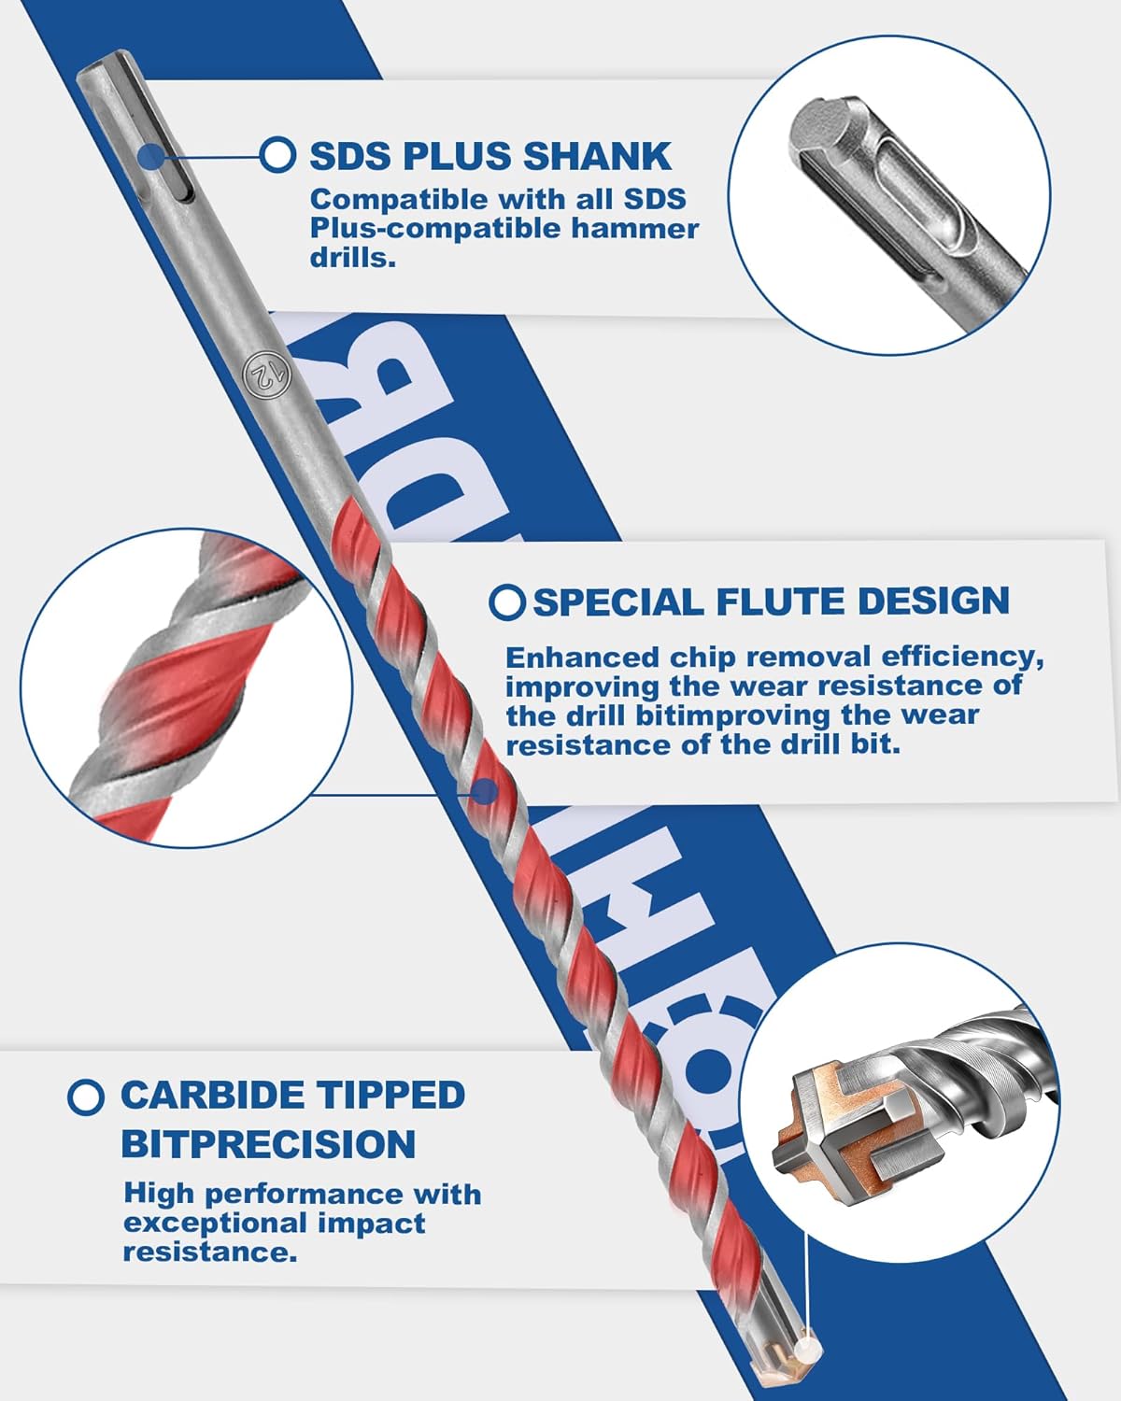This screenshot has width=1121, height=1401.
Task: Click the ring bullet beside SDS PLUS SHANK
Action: [277, 154]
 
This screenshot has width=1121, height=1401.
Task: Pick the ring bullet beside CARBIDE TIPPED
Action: [86, 1097]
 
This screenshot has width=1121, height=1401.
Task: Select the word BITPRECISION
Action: [268, 1144]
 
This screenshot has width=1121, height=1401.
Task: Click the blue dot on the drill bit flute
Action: [483, 793]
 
